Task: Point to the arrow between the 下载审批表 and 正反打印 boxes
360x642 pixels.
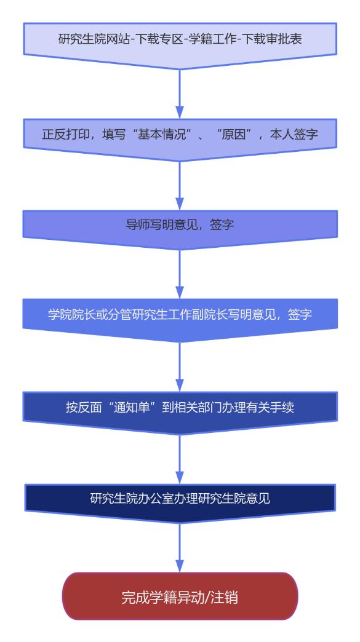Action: (x=180, y=94)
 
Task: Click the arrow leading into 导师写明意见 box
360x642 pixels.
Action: (x=180, y=186)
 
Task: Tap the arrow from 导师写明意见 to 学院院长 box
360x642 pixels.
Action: (x=180, y=274)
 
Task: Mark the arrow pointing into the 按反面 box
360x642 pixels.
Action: (x=180, y=367)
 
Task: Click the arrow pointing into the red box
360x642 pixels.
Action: (x=180, y=549)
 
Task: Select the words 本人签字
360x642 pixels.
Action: (x=294, y=134)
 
